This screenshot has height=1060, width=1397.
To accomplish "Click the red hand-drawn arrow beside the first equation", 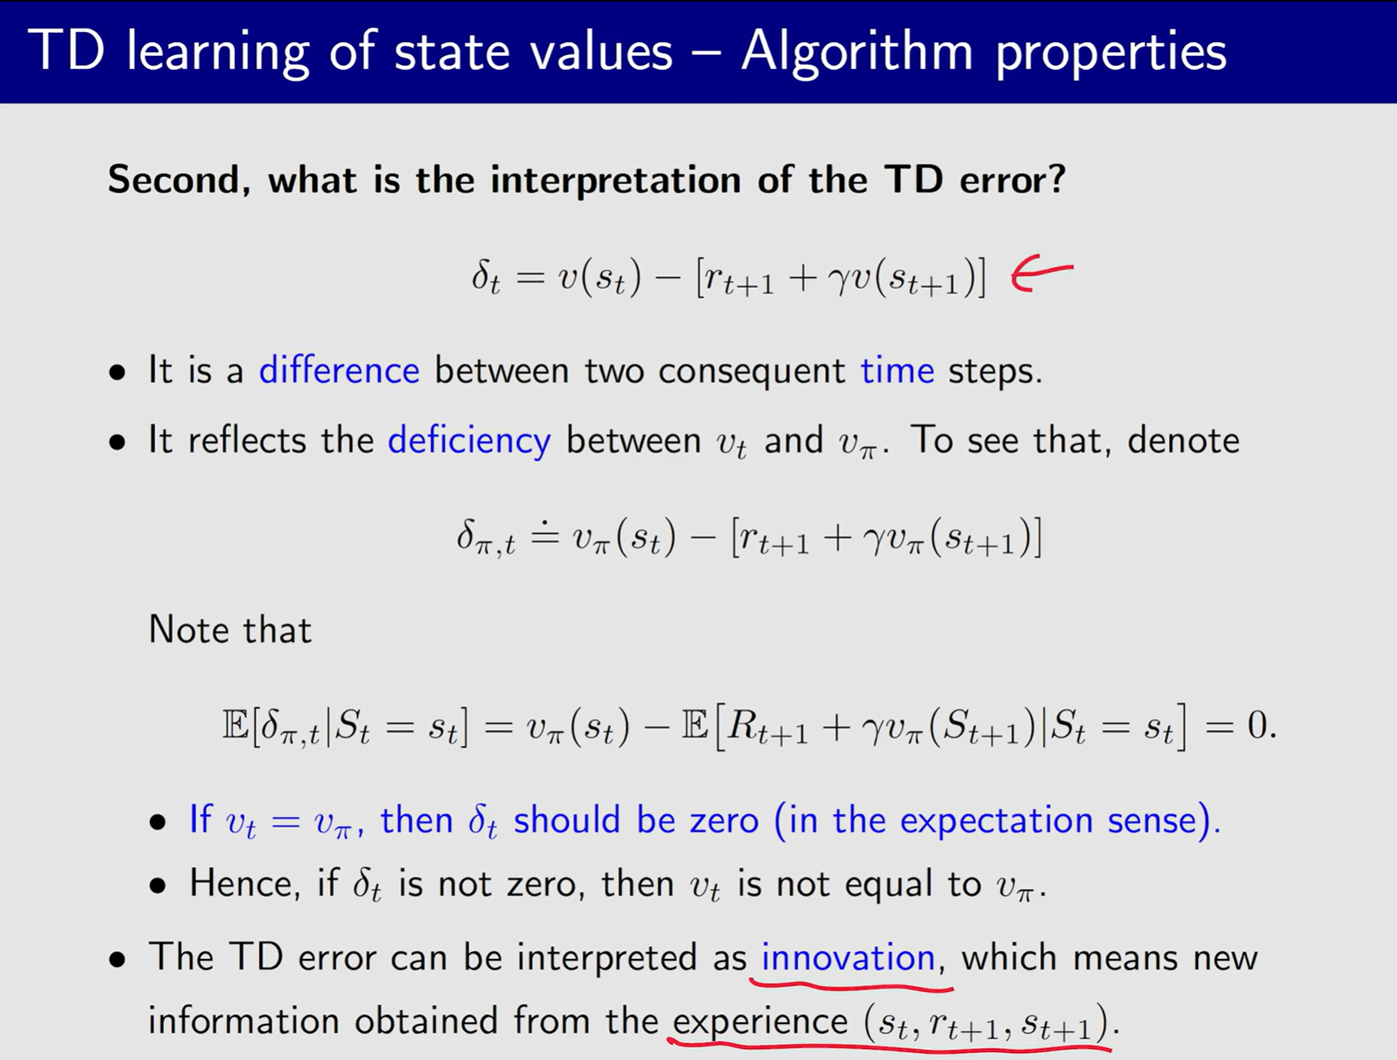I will [x=1040, y=274].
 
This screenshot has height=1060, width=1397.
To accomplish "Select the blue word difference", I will [x=339, y=371].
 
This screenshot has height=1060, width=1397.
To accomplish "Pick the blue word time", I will [x=897, y=371].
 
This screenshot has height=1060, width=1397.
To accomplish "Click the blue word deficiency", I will [x=469, y=441].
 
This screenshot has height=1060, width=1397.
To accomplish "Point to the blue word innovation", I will [x=847, y=958].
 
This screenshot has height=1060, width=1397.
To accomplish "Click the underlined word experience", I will [x=760, y=1022].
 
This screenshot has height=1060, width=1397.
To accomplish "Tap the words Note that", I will [x=230, y=630].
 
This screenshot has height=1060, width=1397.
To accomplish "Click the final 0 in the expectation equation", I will [x=1257, y=725].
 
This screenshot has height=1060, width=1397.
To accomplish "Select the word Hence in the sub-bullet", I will [x=240, y=884].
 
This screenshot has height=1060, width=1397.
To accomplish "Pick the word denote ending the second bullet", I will [x=1183, y=441].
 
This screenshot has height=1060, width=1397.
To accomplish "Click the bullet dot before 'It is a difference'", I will [x=117, y=374].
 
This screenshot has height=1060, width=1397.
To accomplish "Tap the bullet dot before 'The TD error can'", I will [x=117, y=960].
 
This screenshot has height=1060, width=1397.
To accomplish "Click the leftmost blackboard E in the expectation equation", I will [x=235, y=725].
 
